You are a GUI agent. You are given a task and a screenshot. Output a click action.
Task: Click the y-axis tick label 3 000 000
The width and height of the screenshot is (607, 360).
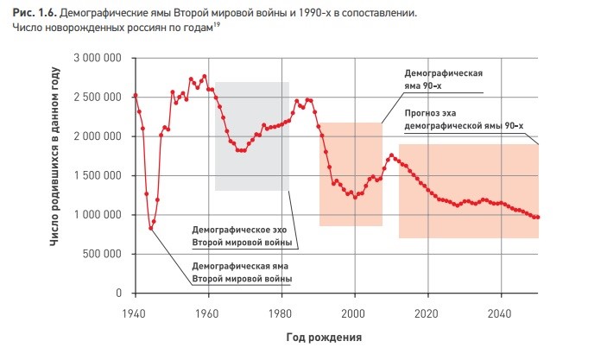point(98,58)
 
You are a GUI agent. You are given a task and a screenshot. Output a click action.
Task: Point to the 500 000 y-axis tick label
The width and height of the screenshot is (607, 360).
point(102,254)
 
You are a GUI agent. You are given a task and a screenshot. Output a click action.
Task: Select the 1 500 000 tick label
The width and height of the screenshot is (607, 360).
point(98,176)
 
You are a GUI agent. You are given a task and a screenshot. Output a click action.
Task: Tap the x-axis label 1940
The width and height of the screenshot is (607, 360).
point(134,313)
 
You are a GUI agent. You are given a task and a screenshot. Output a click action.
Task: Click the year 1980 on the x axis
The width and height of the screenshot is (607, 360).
point(280,313)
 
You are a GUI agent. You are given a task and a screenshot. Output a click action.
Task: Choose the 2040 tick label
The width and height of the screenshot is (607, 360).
point(499,313)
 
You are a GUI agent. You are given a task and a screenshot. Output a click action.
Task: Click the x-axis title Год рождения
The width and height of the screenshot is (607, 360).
point(324,338)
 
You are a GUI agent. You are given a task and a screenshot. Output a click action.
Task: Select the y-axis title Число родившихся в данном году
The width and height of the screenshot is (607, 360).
point(55,156)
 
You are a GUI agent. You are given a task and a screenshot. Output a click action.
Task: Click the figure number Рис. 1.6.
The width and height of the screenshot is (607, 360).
point(35,13)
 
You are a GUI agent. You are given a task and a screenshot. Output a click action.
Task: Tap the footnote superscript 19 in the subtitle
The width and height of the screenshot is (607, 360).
point(217,25)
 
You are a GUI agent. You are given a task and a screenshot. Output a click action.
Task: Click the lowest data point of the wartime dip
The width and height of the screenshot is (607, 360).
point(150,229)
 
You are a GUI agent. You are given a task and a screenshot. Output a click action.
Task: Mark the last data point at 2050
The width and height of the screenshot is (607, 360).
point(538,218)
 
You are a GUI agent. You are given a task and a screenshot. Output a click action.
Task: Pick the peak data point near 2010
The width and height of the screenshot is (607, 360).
point(391,155)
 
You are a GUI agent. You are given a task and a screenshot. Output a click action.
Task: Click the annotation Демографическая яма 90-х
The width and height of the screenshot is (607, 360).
point(444,79)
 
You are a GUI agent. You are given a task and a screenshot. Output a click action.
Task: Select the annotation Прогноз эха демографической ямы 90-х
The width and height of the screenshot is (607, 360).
point(464,120)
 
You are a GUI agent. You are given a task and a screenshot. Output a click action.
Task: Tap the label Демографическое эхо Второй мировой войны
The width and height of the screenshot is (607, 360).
point(242,237)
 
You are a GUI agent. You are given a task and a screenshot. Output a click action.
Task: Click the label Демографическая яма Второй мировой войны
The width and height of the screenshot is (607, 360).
point(242,273)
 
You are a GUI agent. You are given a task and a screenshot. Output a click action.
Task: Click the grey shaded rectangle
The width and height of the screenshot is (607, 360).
point(252,136)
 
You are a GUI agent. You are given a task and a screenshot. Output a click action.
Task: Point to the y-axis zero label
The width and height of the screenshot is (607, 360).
point(118,293)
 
